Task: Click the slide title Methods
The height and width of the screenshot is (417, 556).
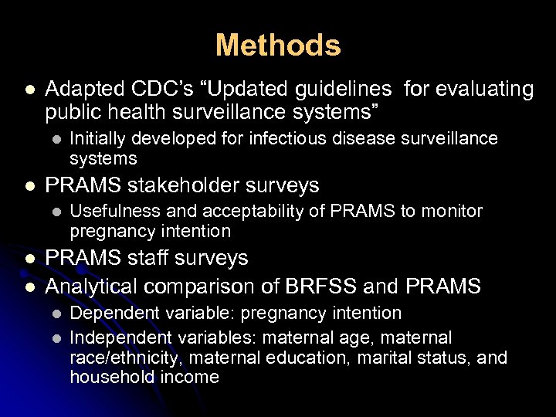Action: [x=278, y=46]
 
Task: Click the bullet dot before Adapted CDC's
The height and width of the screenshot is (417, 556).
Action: [x=29, y=90]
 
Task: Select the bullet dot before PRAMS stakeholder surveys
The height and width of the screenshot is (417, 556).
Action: [x=29, y=186]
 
